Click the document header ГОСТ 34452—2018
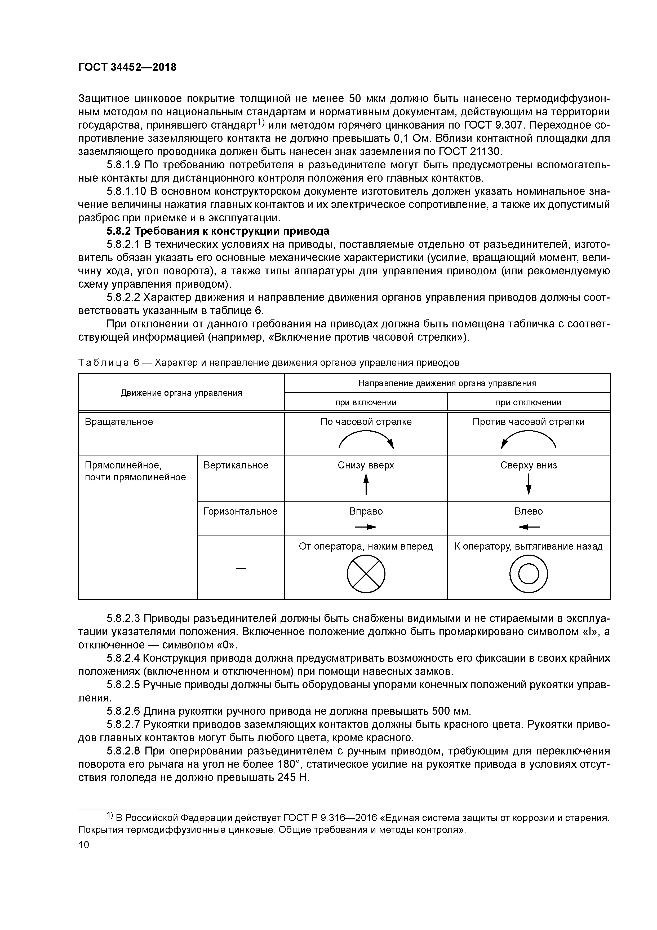pos(127,68)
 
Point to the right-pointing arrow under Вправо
pos(366,527)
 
